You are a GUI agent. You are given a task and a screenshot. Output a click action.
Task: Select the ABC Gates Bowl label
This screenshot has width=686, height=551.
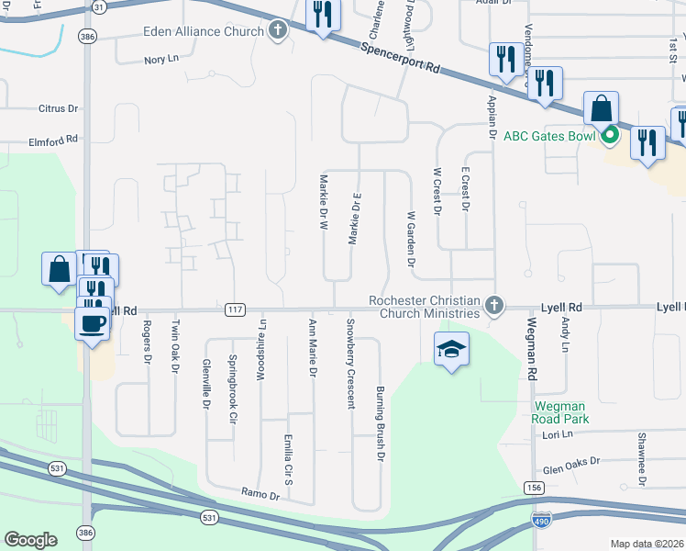coord(549,137)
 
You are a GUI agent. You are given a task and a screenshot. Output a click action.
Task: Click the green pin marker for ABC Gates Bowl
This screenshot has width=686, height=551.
coord(610,137)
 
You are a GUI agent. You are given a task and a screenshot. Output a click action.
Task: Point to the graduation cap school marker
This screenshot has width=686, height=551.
coord(451,349)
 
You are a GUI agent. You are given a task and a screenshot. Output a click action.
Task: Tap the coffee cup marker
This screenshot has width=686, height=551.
coord(93,323)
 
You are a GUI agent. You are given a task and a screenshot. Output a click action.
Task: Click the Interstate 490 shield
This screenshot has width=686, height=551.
coord(543,520)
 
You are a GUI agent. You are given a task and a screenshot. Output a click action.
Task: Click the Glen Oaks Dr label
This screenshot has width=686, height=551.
coord(570,465)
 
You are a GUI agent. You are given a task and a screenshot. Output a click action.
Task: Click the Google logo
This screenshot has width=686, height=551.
coord(30,540)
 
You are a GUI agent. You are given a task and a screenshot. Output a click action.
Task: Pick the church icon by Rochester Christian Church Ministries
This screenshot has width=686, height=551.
coord(494,305)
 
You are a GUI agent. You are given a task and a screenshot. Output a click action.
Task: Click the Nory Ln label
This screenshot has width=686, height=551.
coord(160,61)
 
